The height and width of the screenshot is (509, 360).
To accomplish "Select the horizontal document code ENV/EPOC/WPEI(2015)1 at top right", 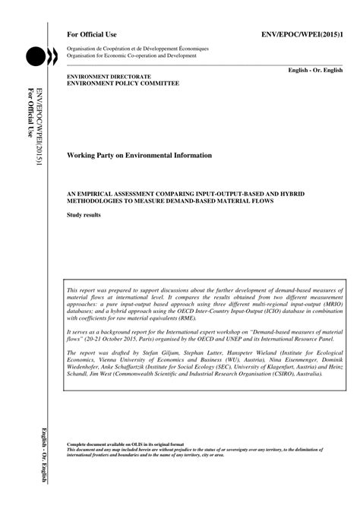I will (x=302, y=35).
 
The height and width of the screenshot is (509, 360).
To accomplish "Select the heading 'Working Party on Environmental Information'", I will (x=140, y=155).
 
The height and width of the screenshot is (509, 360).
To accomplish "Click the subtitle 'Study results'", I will (x=84, y=216).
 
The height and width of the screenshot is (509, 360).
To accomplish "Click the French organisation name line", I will (x=137, y=48).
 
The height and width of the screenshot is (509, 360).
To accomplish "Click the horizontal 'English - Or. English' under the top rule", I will (x=316, y=69).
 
